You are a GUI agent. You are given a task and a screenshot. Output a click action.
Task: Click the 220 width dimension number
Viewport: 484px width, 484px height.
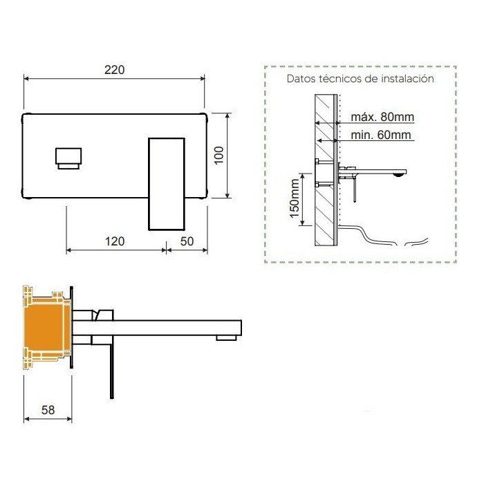point(115,70)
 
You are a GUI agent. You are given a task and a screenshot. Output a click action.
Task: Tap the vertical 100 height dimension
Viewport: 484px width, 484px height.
point(219,156)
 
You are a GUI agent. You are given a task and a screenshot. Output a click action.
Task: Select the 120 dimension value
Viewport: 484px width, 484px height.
point(115,241)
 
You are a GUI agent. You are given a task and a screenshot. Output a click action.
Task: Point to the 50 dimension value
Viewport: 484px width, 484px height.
point(187,241)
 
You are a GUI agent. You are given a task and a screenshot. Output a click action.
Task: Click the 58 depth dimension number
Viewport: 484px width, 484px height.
point(48,410)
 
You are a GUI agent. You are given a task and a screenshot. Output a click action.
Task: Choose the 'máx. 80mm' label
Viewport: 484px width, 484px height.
point(382,117)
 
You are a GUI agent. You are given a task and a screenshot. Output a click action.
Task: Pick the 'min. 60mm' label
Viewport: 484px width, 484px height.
point(381,135)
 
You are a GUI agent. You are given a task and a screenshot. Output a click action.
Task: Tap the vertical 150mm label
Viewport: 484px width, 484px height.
point(295,198)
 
